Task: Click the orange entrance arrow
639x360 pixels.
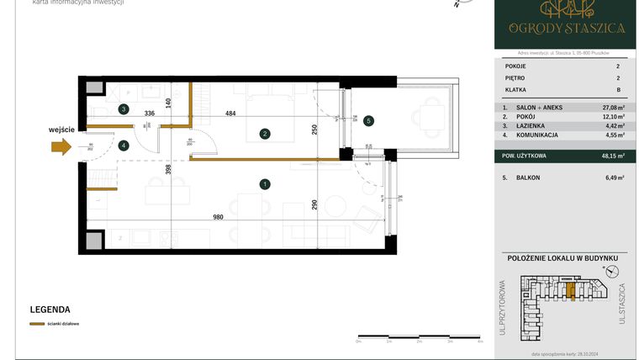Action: (61, 146)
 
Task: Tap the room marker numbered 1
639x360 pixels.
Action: (265, 184)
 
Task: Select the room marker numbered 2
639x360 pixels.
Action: (265, 133)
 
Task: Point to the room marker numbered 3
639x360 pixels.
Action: (124, 109)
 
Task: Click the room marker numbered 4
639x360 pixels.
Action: (124, 146)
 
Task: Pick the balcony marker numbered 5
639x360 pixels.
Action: (368, 120)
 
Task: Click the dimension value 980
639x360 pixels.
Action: (218, 217)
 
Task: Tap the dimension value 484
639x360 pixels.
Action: (229, 114)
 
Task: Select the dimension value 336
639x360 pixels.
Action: (150, 114)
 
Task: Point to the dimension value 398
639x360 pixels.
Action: (169, 169)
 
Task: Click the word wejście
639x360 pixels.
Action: (62, 129)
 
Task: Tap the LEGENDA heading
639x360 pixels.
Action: (50, 310)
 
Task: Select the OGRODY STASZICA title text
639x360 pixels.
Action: (566, 27)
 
